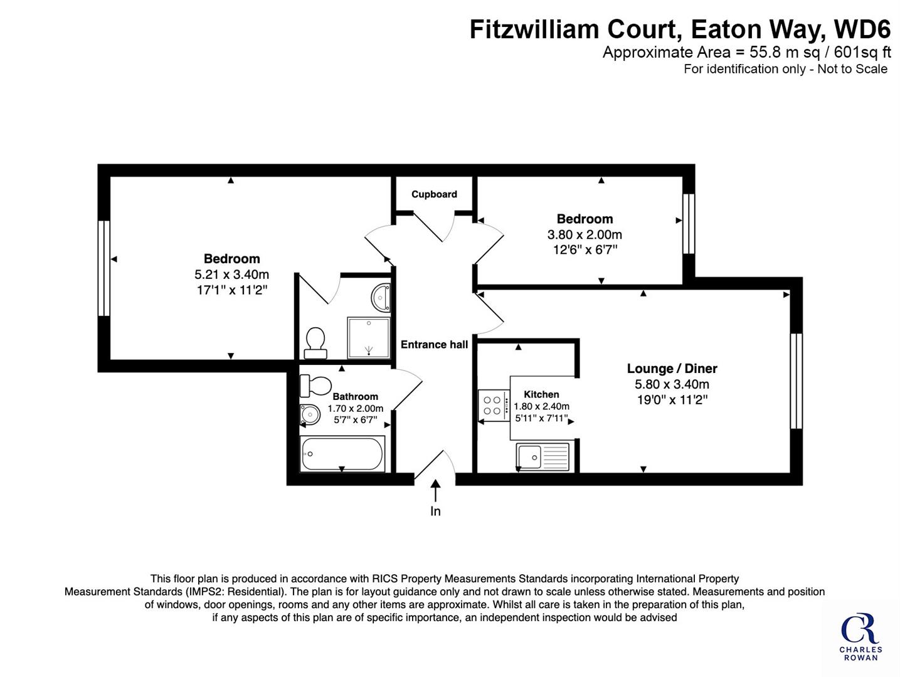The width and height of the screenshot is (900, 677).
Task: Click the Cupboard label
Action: [434, 194]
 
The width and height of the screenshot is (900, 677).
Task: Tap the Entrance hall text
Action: [434, 345]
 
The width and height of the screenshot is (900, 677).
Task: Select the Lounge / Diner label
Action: [672, 369]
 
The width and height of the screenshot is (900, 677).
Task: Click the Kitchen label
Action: [541, 394]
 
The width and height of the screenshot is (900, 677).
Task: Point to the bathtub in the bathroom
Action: [342, 454]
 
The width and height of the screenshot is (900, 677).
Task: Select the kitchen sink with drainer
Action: [543, 457]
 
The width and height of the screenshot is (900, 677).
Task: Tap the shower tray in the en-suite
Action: [369, 338]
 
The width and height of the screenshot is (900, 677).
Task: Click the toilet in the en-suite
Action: [315, 343]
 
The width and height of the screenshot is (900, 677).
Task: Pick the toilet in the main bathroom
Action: [315, 386]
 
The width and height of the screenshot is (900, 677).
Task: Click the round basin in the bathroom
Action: [310, 414]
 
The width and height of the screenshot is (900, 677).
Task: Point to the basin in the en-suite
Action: [381, 297]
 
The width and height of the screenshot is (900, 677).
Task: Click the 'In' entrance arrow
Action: [435, 491]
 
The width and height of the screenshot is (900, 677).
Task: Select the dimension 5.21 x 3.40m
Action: [231, 274]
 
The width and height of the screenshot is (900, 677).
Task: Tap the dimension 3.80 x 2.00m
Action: [585, 235]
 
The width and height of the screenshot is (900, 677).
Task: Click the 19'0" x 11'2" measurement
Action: [672, 399]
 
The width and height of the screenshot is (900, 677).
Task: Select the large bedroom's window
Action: [104, 268]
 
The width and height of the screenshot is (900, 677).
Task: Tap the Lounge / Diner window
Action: [797, 381]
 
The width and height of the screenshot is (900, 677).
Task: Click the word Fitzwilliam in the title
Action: [534, 29]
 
